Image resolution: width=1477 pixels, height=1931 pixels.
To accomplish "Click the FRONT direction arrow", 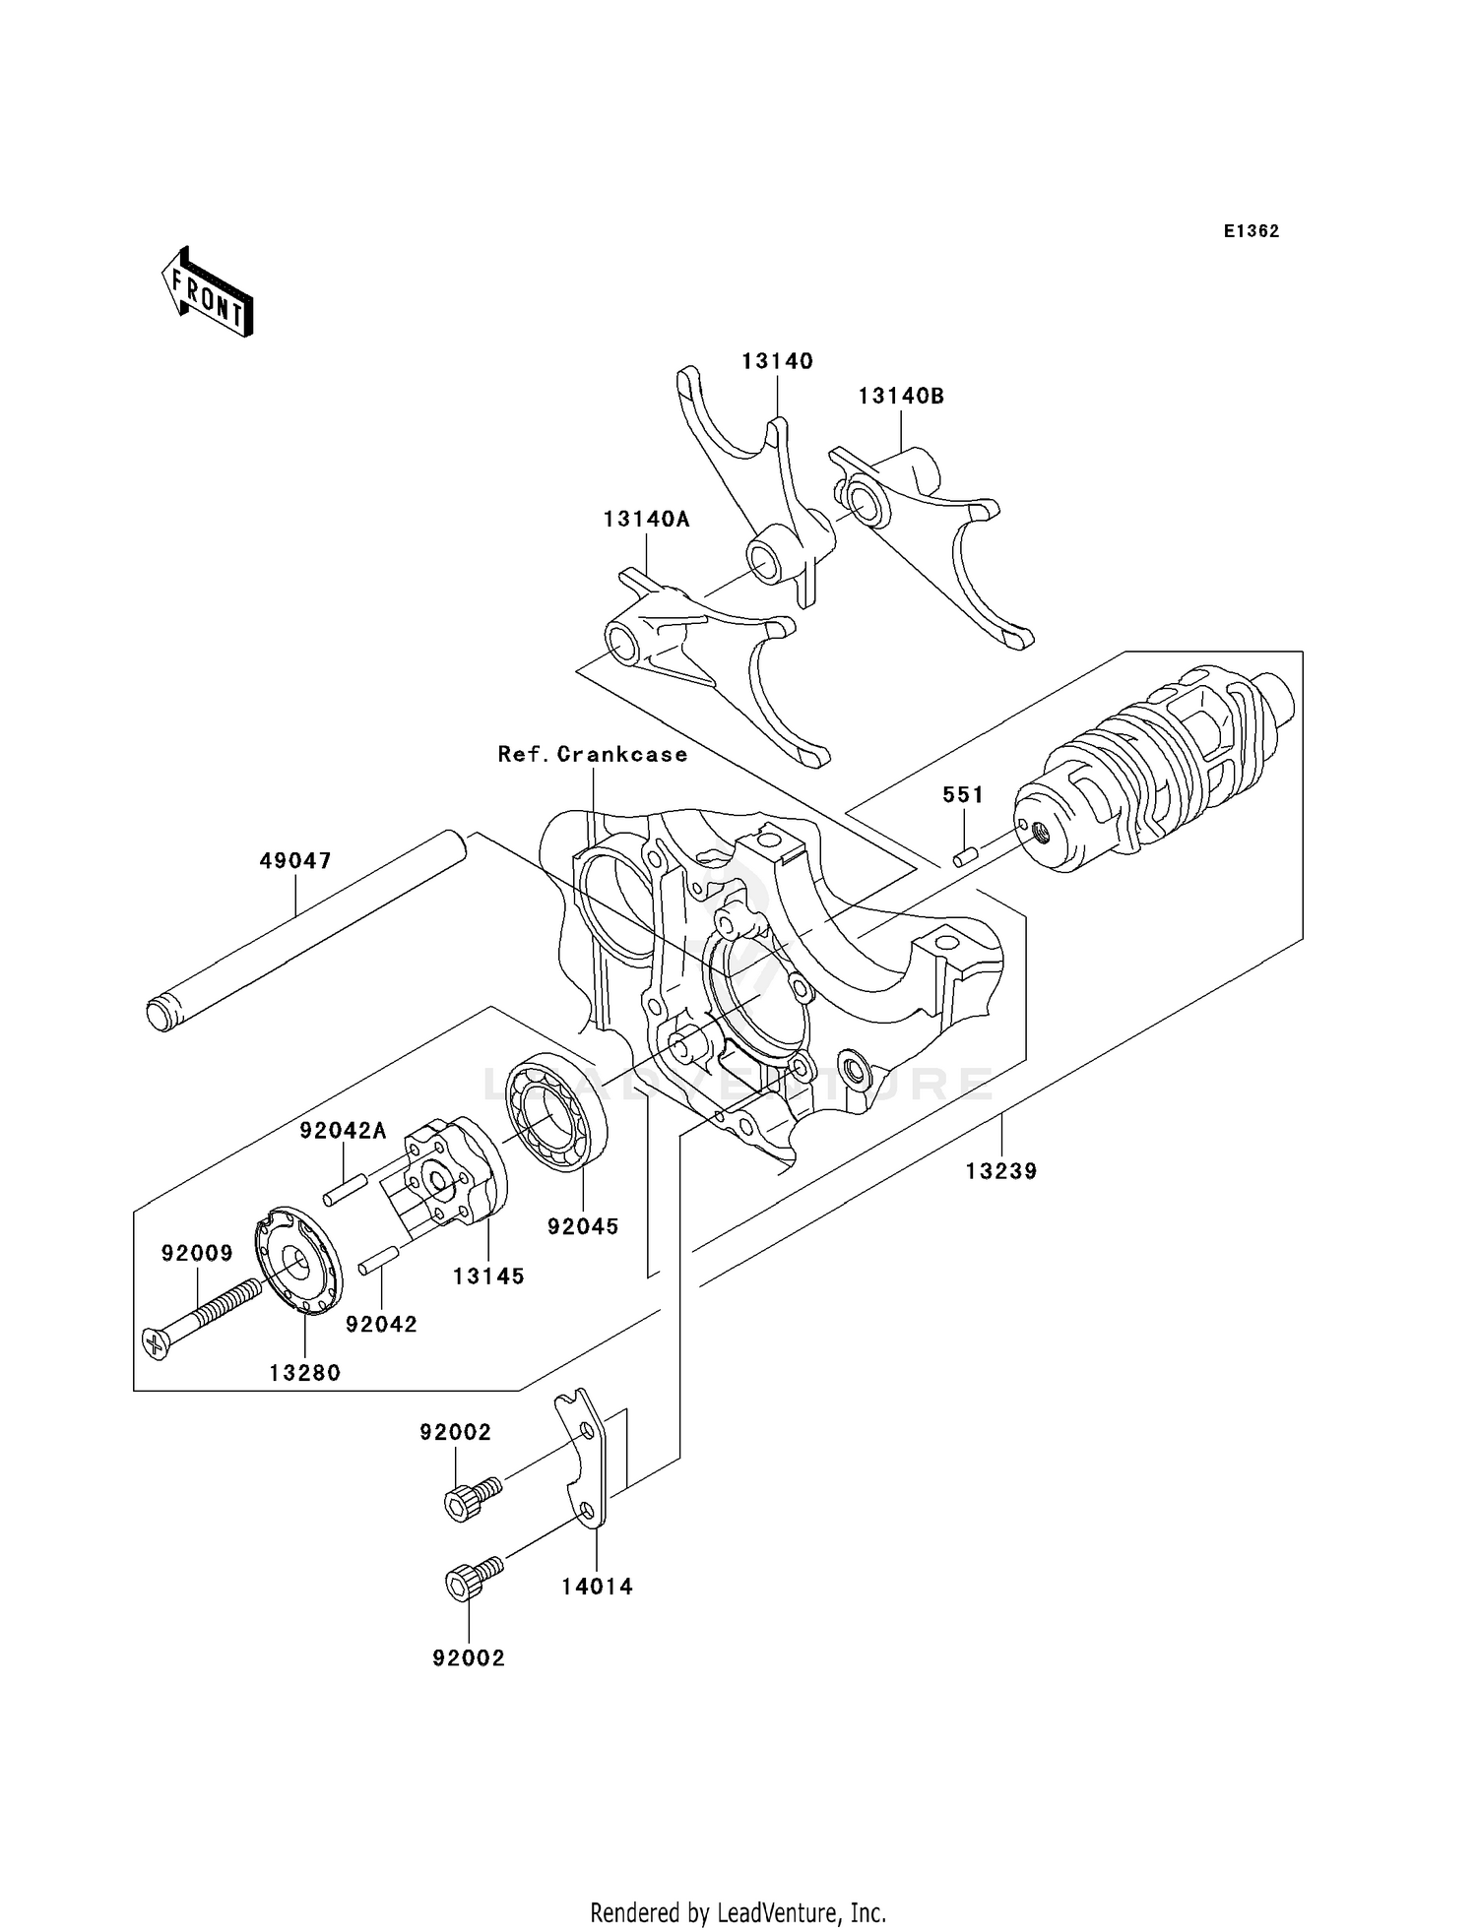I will [207, 293].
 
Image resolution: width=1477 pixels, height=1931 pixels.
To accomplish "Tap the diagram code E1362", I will [1251, 231].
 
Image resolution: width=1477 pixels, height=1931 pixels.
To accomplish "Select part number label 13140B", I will [900, 396].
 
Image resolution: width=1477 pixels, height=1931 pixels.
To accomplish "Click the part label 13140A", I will [646, 519].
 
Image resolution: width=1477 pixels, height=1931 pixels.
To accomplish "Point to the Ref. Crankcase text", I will [592, 754].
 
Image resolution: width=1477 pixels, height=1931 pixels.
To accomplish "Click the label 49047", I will [295, 860].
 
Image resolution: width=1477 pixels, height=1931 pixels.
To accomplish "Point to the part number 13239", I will [1001, 1171].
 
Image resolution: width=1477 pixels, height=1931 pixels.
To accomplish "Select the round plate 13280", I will [298, 1260].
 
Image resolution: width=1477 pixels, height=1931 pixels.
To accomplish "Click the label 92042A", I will [343, 1132].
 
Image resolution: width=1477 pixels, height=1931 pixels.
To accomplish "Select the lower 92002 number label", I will [468, 1658].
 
